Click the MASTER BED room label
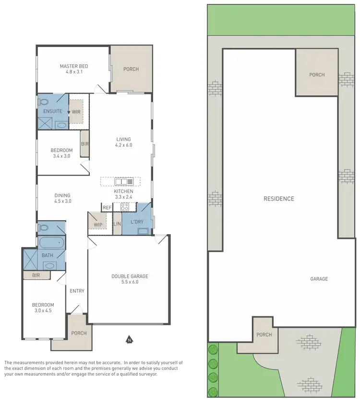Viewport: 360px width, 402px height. [x=73, y=66]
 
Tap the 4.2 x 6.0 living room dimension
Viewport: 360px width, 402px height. [x=123, y=145]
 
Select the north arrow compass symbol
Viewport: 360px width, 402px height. [x=129, y=340]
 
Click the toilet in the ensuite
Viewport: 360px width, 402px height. [x=44, y=102]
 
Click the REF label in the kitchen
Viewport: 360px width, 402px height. [x=107, y=208]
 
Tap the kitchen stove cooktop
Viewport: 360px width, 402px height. [x=125, y=207]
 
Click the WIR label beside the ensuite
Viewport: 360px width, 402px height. [x=76, y=112]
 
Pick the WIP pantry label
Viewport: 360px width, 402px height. [x=98, y=225]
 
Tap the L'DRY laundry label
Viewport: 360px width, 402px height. [x=137, y=223]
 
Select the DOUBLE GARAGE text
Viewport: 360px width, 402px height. [x=130, y=276]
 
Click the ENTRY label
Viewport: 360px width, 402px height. [x=77, y=291]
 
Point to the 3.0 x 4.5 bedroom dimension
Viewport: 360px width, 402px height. [x=43, y=311]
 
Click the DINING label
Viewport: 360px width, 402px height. [x=62, y=195]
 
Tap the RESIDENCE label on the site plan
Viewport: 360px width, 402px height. [x=278, y=199]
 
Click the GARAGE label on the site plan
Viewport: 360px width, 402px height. [x=319, y=279]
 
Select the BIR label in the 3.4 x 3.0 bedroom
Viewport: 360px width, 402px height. [x=84, y=144]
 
